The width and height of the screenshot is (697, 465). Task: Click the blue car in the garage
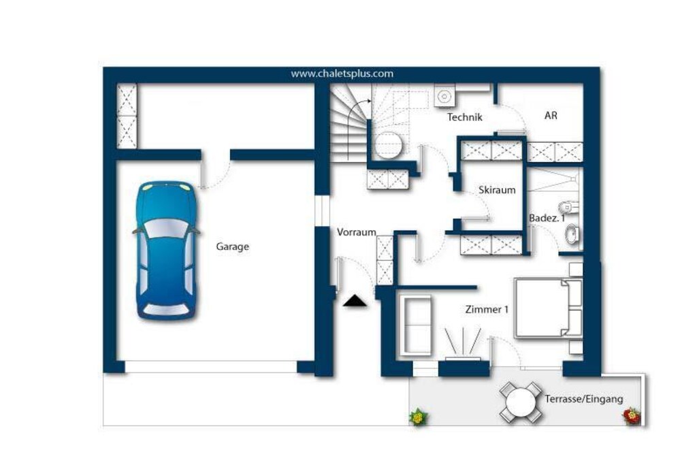click(166, 251)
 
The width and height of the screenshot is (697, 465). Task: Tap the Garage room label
click(233, 246)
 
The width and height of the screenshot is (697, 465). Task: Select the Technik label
click(464, 117)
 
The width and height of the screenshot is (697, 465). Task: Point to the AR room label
click(551, 116)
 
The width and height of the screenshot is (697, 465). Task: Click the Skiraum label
click(497, 190)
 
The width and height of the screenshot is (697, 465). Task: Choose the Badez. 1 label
click(547, 219)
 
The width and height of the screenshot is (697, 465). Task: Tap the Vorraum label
click(357, 232)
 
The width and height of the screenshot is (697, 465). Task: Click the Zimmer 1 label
click(487, 309)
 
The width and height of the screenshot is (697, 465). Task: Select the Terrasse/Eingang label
click(584, 399)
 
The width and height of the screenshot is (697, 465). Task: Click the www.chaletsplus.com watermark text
click(342, 74)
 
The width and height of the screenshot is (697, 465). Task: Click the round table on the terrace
click(521, 403)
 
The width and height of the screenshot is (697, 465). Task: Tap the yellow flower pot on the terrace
click(418, 417)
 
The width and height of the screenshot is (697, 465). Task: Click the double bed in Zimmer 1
click(548, 308)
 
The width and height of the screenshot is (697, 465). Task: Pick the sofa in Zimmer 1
click(416, 325)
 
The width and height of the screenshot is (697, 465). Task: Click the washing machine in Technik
click(444, 95)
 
